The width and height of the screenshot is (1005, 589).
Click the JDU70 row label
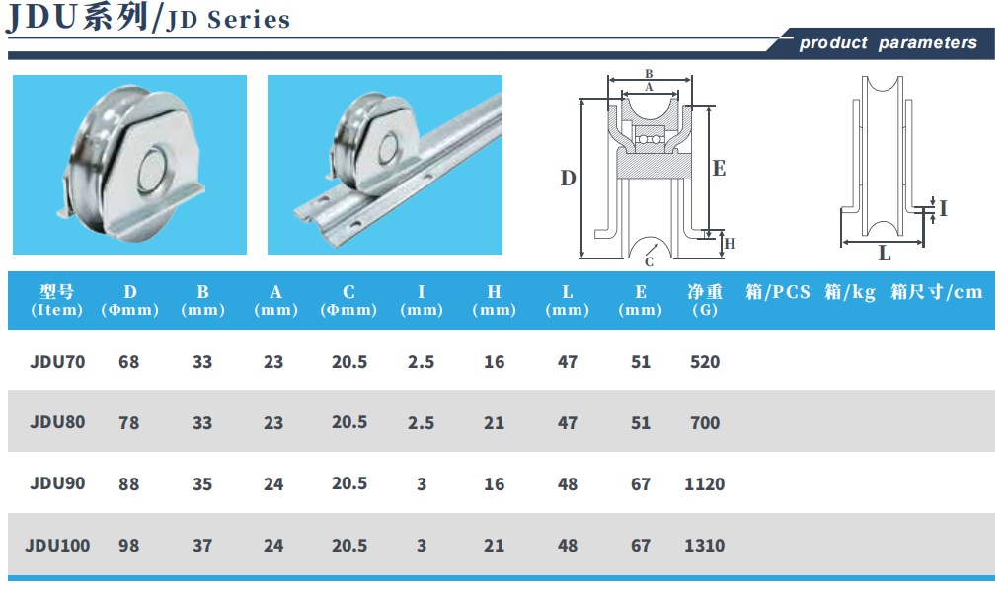click(x=57, y=362)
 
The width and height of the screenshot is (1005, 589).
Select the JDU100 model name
click(x=57, y=546)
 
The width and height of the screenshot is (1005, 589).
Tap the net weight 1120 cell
click(x=705, y=484)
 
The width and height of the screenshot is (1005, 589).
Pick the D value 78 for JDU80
click(x=128, y=423)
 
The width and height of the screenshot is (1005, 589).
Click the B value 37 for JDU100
click(x=202, y=546)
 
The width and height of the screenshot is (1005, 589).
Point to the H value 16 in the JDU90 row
click(x=495, y=484)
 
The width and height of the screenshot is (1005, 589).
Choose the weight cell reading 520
click(x=705, y=362)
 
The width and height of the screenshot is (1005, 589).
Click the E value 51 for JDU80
click(x=641, y=423)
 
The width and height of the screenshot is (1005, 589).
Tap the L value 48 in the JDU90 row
click(x=568, y=484)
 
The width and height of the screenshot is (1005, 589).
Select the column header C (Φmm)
click(x=348, y=300)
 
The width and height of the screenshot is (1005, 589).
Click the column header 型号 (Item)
click(x=57, y=300)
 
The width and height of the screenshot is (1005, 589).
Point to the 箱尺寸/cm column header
click(x=937, y=292)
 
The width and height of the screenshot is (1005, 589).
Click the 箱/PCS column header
click(x=778, y=292)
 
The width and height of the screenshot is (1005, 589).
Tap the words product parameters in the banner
click(x=888, y=42)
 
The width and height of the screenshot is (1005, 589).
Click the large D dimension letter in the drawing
click(x=568, y=178)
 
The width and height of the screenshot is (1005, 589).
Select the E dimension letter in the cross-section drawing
click(x=719, y=169)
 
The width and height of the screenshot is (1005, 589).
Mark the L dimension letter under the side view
click(x=885, y=254)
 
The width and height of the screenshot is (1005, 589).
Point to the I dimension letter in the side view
click(x=943, y=208)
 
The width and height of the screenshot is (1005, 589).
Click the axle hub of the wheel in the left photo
click(x=154, y=171)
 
